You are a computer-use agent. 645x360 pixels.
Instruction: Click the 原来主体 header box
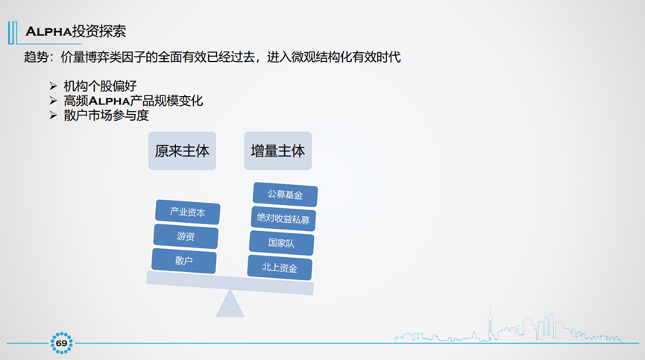click(182, 151)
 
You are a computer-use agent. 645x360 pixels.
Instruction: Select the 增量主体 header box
click(278, 151)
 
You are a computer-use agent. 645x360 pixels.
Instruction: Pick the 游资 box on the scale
click(186, 236)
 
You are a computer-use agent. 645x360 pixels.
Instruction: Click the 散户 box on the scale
click(184, 261)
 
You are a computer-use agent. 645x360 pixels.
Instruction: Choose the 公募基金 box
click(286, 195)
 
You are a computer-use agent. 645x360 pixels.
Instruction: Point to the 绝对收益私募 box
click(283, 219)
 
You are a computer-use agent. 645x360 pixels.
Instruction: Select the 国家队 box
click(281, 243)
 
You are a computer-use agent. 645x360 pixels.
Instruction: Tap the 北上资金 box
click(280, 268)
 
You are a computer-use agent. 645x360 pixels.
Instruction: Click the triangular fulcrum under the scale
click(230, 304)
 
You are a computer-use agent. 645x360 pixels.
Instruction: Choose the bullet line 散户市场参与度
click(111, 116)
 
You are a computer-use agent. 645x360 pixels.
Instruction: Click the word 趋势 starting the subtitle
click(35, 57)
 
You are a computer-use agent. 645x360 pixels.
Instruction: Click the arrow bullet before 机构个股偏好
click(53, 86)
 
